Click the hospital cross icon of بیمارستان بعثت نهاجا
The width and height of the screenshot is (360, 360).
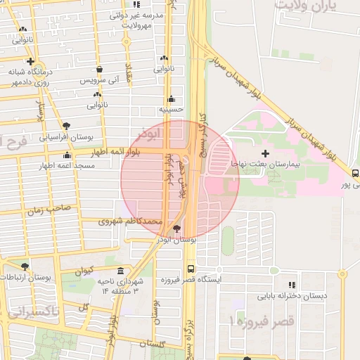pyautogui.click(x=265, y=153)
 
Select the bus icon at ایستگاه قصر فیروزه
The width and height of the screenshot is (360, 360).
pyautogui.click(x=191, y=269)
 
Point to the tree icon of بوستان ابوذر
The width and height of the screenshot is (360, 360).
pyautogui.click(x=176, y=229)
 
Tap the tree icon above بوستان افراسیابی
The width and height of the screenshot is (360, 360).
pyautogui.click(x=66, y=126)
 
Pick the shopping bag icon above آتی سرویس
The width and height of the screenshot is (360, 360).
pyautogui.click(x=99, y=70)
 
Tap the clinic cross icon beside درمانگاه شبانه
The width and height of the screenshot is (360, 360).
pyautogui.click(x=30, y=61)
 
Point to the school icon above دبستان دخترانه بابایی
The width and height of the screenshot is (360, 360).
pyautogui.click(x=291, y=285)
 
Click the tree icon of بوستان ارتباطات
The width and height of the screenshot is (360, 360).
pyautogui.click(x=25, y=266)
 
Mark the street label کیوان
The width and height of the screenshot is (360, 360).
pyautogui.click(x=84, y=271)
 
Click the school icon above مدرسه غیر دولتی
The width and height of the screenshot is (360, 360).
pyautogui.click(x=136, y=4)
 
